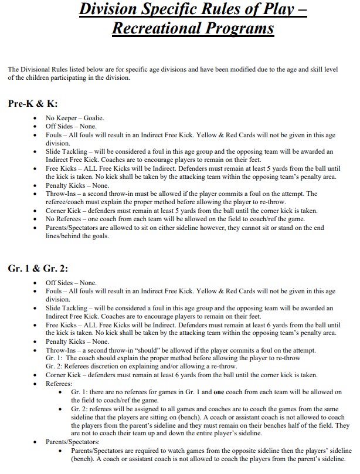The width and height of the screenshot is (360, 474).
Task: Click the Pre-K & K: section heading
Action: point(33,104)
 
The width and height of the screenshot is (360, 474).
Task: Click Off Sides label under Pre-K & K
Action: point(60,126)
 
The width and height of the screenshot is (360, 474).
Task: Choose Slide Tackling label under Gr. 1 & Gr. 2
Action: point(67,308)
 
